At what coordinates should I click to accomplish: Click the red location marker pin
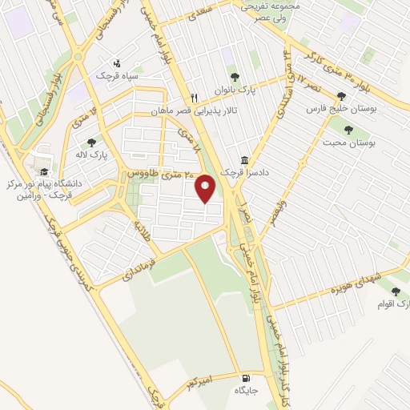point(205,189)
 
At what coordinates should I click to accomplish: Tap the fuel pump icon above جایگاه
point(245,378)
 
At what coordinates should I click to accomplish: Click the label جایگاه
point(244,391)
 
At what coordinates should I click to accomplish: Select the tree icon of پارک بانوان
point(234,78)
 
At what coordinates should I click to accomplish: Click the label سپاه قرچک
point(117,74)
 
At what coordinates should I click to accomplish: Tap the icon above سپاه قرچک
point(118,62)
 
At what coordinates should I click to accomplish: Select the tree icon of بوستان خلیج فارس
point(342,96)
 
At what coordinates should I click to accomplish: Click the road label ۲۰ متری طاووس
point(156,174)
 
